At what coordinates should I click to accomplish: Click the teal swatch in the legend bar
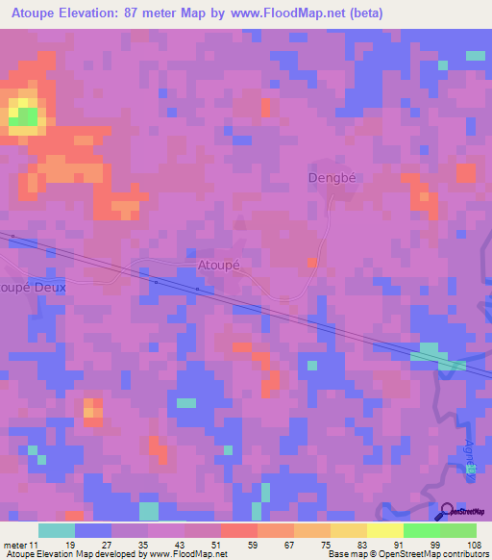(x=57, y=530)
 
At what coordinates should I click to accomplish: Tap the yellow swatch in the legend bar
(x=384, y=530)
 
